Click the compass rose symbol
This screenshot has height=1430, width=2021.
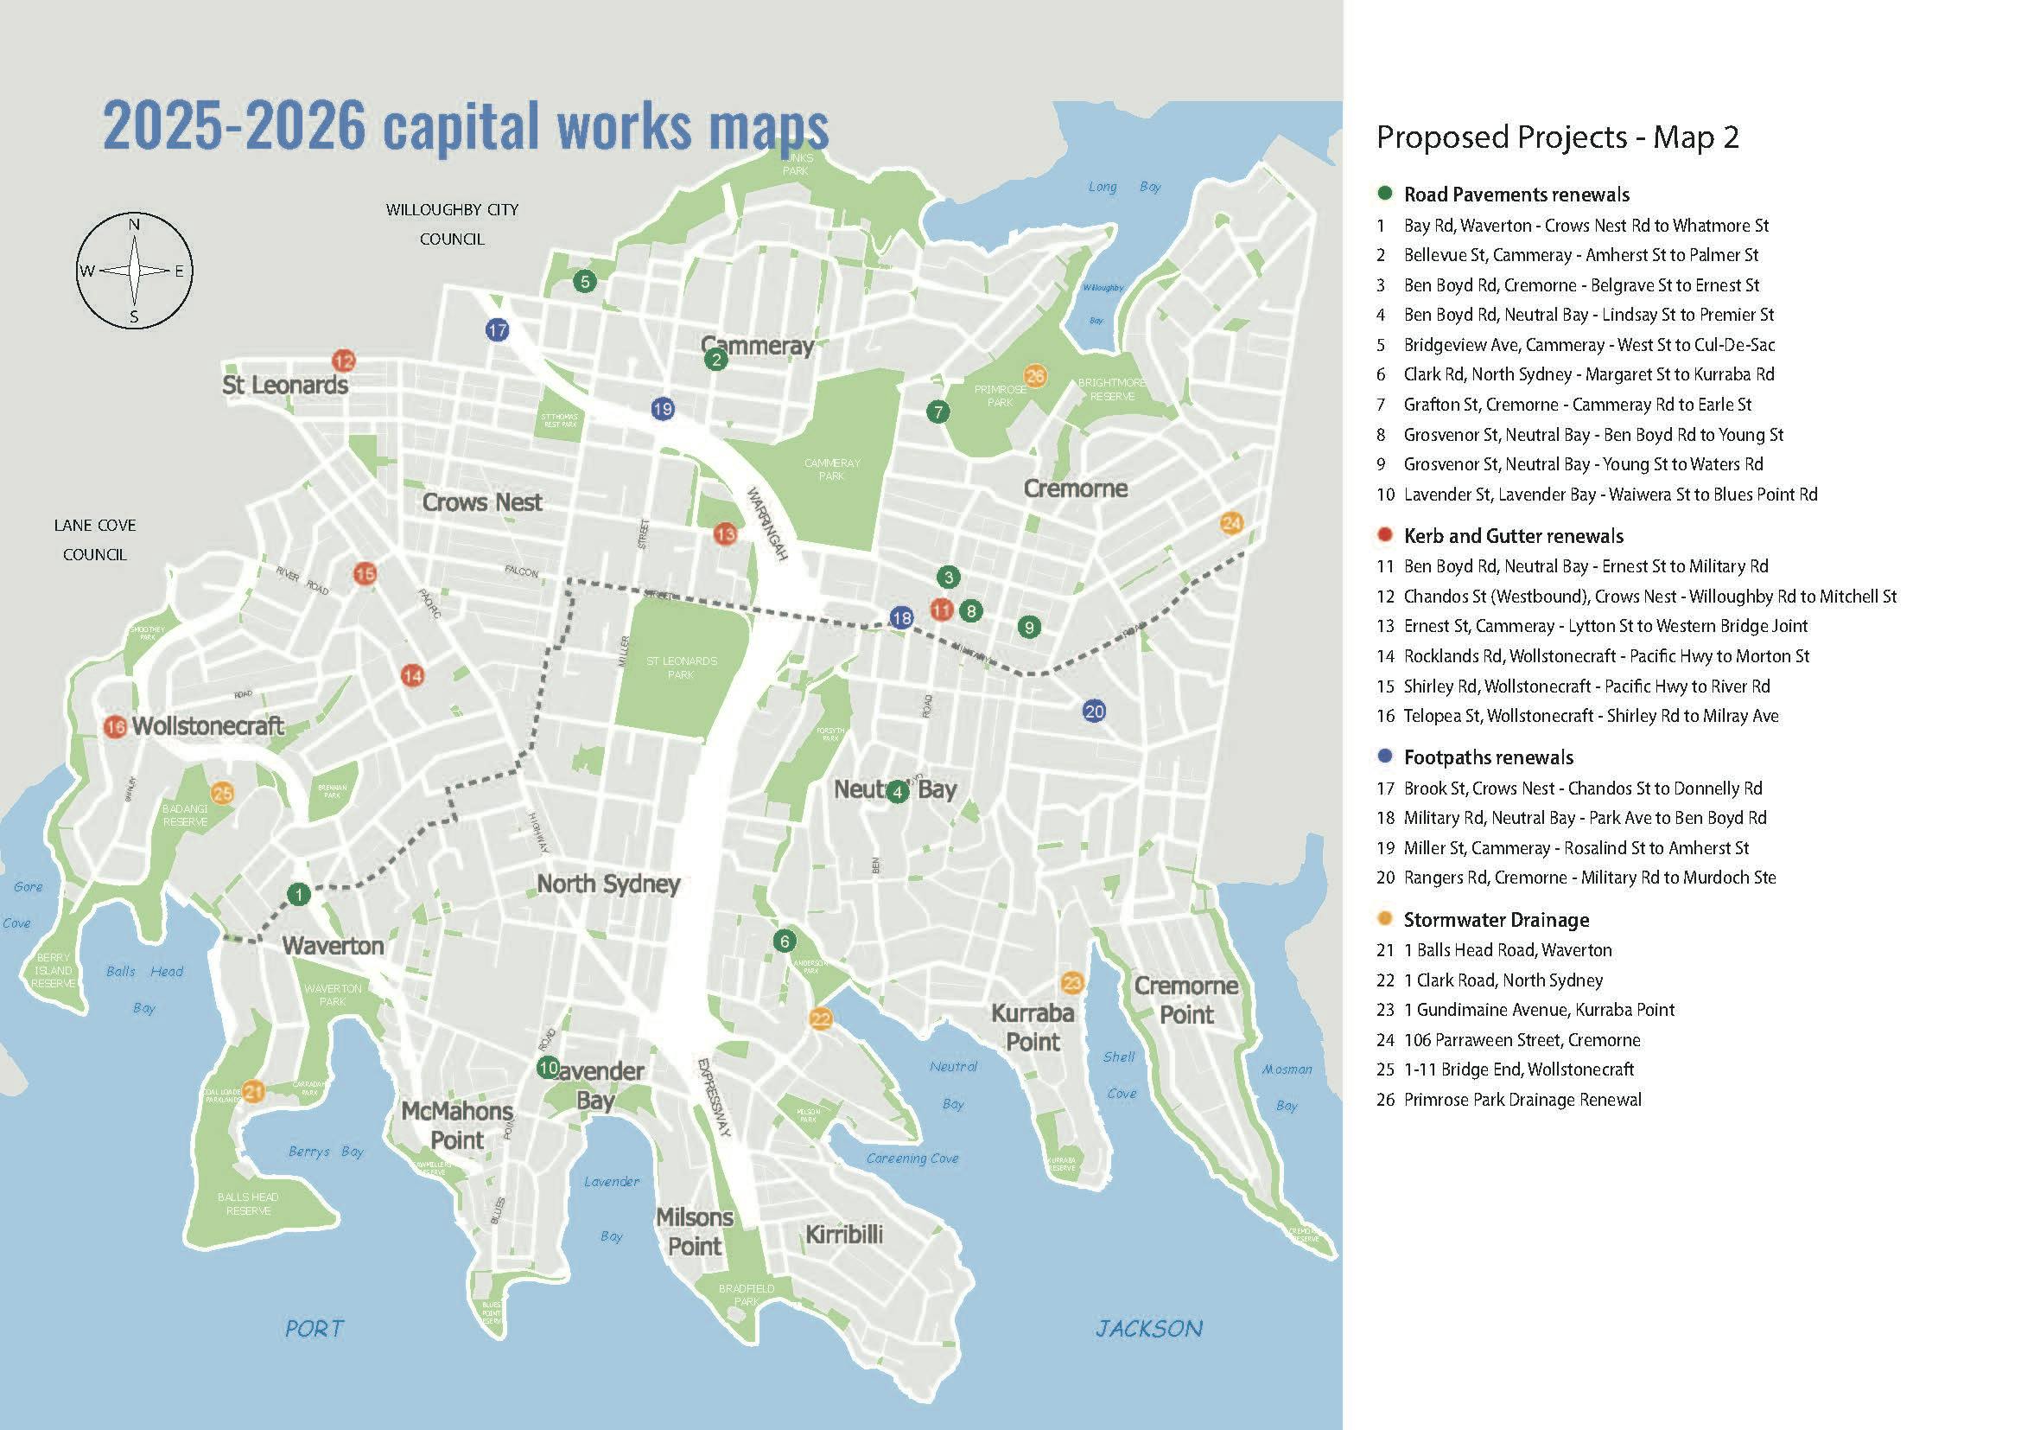tap(134, 271)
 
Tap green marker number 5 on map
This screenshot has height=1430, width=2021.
tap(584, 282)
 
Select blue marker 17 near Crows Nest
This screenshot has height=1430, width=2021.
tap(498, 330)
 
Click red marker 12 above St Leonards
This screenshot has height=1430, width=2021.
tap(343, 361)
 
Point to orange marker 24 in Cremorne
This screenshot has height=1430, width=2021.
tap(1231, 523)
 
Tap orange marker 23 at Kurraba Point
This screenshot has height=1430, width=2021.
tap(1072, 983)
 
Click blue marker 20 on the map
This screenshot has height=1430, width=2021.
tap(1094, 712)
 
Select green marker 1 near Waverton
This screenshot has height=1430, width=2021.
tap(298, 895)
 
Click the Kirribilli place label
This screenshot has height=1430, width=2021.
tap(843, 1235)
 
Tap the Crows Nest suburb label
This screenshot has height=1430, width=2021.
tap(481, 503)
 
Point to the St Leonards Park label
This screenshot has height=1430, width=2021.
tap(681, 667)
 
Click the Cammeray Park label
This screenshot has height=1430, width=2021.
tap(832, 469)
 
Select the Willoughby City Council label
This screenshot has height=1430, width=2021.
tap(453, 224)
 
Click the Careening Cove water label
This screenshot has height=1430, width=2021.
tap(912, 1158)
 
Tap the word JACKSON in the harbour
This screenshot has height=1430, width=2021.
tap(1148, 1329)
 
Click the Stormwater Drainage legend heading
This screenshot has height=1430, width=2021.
tap(1496, 920)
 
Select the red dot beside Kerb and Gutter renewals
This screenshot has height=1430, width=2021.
tap(1385, 535)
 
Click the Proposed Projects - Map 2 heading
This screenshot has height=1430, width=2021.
tap(1557, 137)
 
